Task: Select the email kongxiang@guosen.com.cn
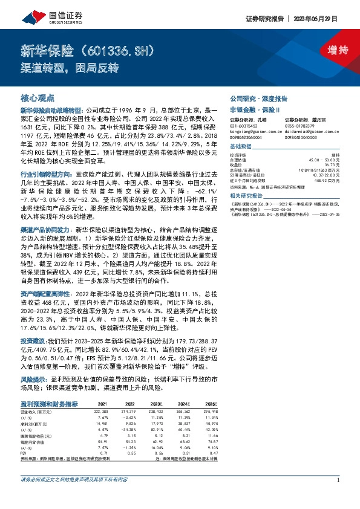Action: [257, 130]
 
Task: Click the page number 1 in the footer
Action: [337, 497]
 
